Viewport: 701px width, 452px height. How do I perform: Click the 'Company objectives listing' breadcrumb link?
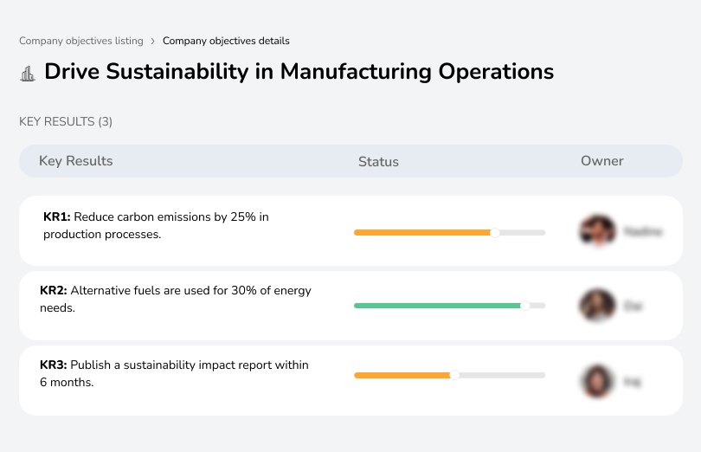click(x=81, y=41)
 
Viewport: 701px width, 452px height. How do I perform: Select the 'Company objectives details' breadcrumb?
click(x=226, y=41)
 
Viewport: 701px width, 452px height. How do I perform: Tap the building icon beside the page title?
click(x=28, y=73)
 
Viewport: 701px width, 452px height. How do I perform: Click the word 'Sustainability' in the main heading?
click(x=176, y=71)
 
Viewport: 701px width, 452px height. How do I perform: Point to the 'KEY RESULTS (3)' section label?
click(x=66, y=122)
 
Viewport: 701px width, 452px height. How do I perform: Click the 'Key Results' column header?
click(x=75, y=161)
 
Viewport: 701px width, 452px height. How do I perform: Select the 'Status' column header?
click(x=378, y=162)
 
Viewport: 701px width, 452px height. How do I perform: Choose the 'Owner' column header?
click(x=602, y=161)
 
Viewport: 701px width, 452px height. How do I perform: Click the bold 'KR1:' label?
click(x=56, y=216)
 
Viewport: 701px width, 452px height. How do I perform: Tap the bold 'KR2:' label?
click(x=54, y=291)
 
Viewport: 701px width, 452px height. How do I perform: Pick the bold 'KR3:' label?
click(x=54, y=365)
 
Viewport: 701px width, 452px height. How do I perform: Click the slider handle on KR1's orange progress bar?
click(x=495, y=232)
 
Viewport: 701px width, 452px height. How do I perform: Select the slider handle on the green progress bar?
click(x=524, y=306)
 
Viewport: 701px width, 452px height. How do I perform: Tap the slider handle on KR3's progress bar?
click(x=454, y=375)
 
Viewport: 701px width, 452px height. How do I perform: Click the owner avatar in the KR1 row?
click(x=597, y=231)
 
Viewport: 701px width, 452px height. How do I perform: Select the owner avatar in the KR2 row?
click(x=597, y=306)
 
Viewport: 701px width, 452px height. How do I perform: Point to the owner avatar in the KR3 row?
click(x=597, y=381)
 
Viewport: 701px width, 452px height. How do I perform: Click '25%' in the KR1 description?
click(x=243, y=216)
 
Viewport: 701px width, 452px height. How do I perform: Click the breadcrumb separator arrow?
click(x=153, y=41)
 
